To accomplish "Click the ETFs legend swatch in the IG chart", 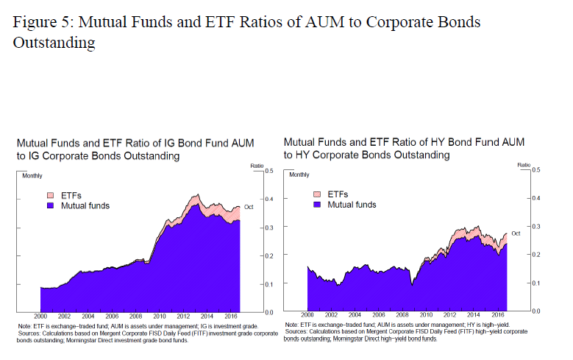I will [51, 195].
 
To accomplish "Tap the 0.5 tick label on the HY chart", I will [535, 170].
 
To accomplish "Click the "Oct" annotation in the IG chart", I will [249, 208].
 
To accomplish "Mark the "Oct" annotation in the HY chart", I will [516, 233].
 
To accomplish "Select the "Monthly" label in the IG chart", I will [33, 176].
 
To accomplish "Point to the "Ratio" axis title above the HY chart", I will [524, 166].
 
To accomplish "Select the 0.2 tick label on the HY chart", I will [535, 255].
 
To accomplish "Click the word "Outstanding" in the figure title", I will [54, 43].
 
